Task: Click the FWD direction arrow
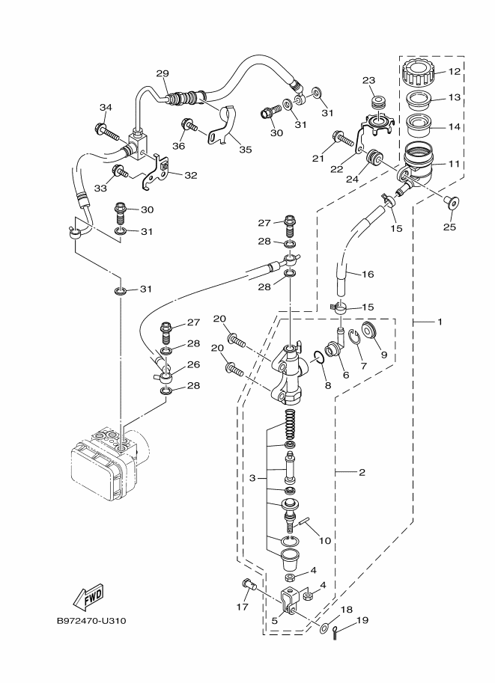point(88,597)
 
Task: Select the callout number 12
point(454,72)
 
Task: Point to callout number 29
point(163,73)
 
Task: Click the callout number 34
point(105,108)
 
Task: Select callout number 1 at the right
point(440,322)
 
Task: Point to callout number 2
point(361,472)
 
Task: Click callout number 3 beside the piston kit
point(253,477)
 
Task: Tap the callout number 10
point(324,539)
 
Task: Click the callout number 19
point(362,620)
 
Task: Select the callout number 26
point(193,364)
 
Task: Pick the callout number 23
point(368,81)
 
